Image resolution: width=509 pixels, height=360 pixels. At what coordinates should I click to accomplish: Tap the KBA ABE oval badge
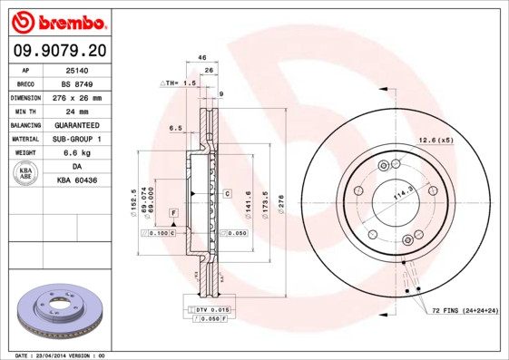[26, 173]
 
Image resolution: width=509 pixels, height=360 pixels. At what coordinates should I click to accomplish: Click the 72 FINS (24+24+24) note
[465, 311]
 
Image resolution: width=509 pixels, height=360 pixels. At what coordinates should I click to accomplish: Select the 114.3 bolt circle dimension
[401, 194]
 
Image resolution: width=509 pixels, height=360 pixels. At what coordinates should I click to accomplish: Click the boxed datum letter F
[172, 212]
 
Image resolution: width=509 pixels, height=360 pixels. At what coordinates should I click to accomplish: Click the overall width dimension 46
[202, 57]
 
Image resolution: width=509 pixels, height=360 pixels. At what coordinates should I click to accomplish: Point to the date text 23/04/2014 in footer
[58, 355]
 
